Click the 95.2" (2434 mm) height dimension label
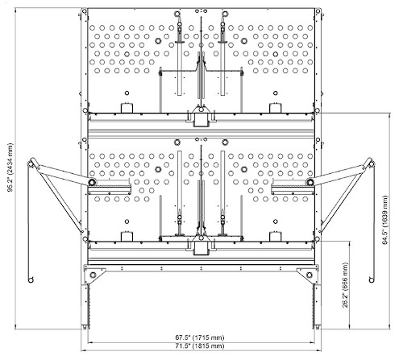coord(10,168)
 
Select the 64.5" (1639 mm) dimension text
coord(385,220)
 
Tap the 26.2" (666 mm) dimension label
coord(346,285)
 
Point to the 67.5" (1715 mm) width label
coord(200,337)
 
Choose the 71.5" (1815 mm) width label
coord(200,346)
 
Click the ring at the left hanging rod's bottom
coord(31,280)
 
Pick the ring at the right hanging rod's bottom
coord(372,280)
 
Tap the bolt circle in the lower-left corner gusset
coord(93,275)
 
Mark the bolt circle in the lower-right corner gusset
coord(310,275)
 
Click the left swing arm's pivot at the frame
coord(92,182)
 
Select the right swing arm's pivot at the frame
coord(310,182)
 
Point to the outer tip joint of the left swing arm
coord(31,163)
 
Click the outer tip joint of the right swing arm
coord(371,163)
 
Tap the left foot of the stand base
coord(85,327)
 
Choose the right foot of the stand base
coord(317,327)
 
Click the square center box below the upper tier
coord(201,119)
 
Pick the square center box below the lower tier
coord(201,248)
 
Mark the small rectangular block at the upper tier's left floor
coord(127,108)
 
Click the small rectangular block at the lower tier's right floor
coord(275,236)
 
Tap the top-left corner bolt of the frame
coord(84,11)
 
